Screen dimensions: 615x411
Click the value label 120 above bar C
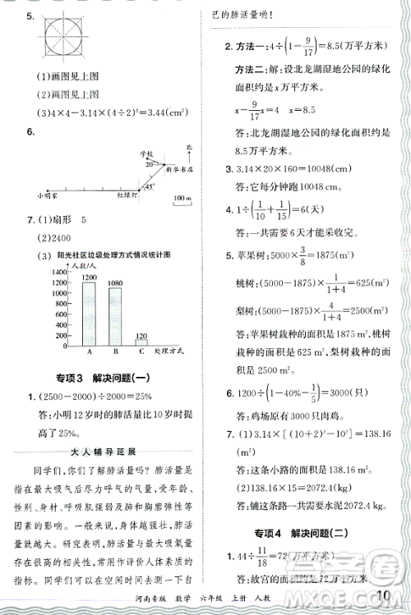[141, 335]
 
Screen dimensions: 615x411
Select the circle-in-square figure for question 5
[62, 39]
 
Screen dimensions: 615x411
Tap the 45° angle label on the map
[150, 186]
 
